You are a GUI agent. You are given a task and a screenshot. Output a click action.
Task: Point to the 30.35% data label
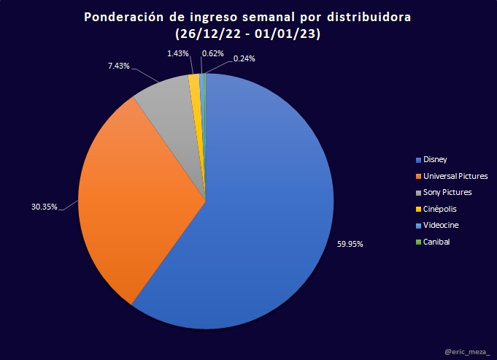point(45,207)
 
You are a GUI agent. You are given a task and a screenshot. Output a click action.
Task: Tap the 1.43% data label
point(178,53)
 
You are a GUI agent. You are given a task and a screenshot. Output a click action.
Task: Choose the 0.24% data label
point(244,58)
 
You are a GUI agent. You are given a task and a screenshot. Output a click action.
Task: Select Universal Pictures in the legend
point(455,176)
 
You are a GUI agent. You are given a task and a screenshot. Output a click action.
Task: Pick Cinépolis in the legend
point(439,209)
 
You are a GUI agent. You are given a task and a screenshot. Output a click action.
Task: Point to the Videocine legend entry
point(441,226)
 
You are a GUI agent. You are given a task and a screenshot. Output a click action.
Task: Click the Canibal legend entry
point(436,242)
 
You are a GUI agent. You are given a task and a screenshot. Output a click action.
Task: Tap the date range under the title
point(248,34)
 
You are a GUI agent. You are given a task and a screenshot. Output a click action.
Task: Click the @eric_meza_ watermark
point(467,352)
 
